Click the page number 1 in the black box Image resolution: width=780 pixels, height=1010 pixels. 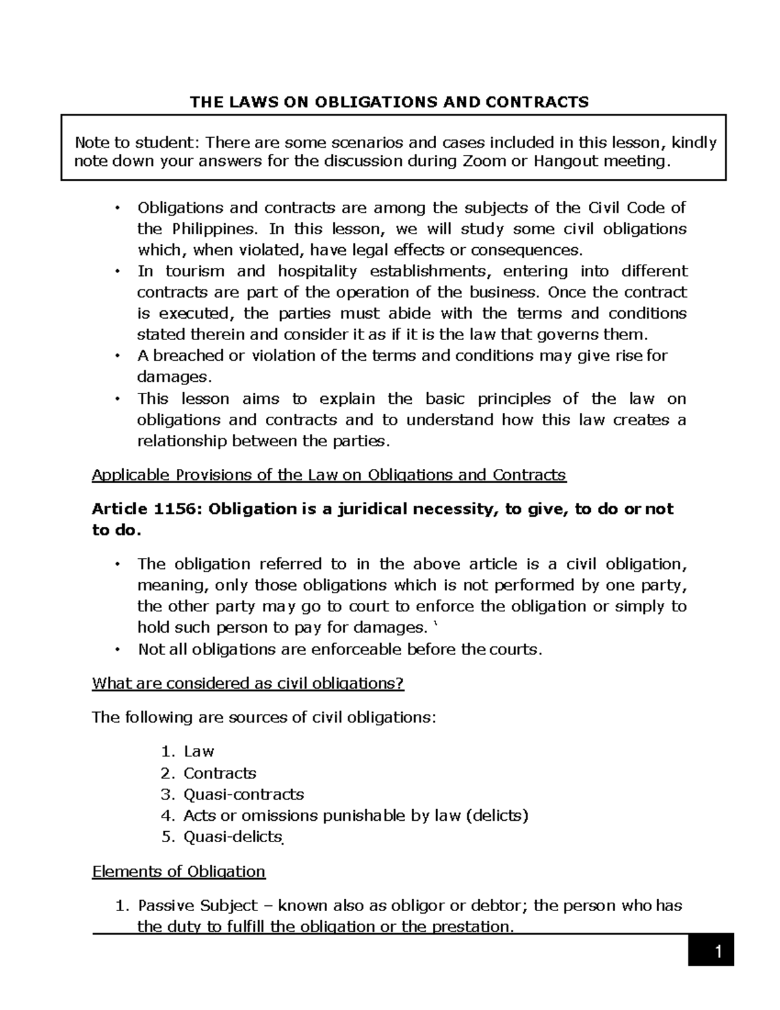click(x=718, y=953)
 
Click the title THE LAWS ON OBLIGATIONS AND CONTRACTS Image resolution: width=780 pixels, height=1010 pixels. click(x=389, y=101)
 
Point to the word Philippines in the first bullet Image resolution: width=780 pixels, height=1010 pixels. click(x=211, y=229)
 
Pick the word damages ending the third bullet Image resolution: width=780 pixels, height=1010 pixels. click(x=173, y=377)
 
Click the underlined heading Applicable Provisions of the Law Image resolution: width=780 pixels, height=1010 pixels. click(x=329, y=475)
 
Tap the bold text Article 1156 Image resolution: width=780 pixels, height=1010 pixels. click(x=138, y=509)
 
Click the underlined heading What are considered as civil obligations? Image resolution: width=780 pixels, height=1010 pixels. click(x=248, y=684)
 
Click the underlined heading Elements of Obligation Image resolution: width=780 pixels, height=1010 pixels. click(x=179, y=871)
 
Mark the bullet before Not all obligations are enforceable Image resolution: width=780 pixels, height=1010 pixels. click(x=117, y=650)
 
